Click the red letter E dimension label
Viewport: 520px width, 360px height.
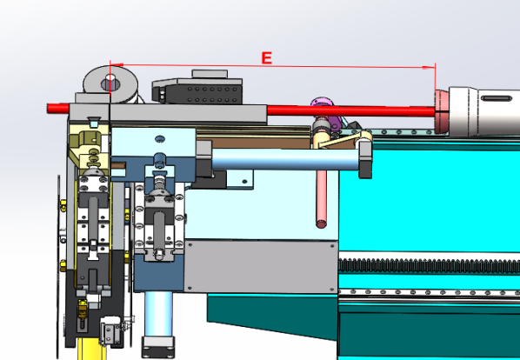click(267, 57)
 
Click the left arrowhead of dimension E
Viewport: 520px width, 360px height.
click(117, 65)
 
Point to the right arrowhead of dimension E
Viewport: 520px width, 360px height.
click(429, 67)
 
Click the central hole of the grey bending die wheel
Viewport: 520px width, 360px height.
click(110, 83)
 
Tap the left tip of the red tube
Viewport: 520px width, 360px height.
click(48, 109)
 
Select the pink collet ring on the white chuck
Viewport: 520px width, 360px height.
click(442, 111)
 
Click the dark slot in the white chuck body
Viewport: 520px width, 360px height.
click(497, 98)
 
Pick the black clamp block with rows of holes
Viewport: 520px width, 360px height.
click(197, 91)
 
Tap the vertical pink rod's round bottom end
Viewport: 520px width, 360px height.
click(321, 223)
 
